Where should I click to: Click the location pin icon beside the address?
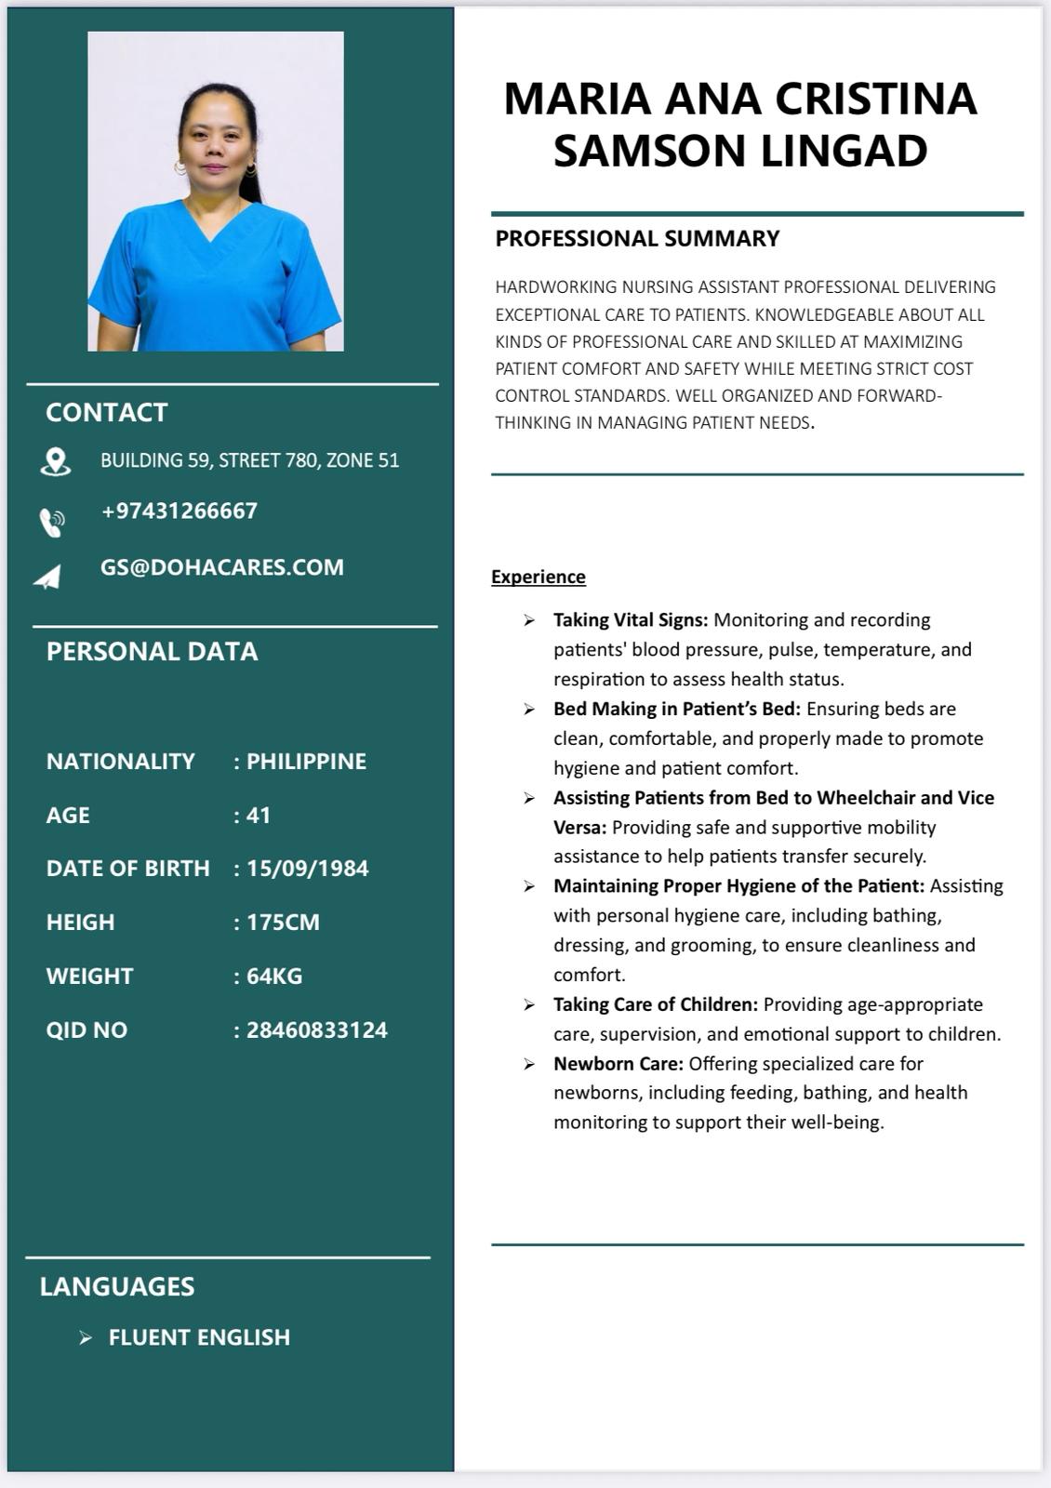[x=56, y=461]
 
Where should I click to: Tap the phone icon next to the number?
[x=52, y=523]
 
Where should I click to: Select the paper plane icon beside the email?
[x=47, y=578]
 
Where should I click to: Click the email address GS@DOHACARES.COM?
[x=221, y=567]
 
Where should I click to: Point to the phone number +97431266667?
[x=179, y=511]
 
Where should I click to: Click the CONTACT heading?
[x=107, y=412]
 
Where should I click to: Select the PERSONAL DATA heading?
[x=152, y=651]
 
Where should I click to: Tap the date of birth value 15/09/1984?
[x=307, y=869]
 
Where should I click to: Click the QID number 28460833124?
[x=316, y=1030]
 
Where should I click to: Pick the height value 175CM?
[x=283, y=923]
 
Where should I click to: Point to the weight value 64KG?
[x=274, y=976]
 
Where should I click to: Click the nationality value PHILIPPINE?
[x=306, y=762]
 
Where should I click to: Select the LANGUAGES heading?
[x=117, y=1286]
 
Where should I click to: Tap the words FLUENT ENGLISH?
[x=199, y=1337]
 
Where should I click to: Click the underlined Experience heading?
[x=539, y=577]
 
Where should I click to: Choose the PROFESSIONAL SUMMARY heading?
[x=637, y=239]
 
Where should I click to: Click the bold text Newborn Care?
[x=618, y=1063]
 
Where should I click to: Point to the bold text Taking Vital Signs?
[x=631, y=619]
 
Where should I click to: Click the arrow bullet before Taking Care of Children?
[x=529, y=1004]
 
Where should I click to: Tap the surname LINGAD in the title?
[x=845, y=151]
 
